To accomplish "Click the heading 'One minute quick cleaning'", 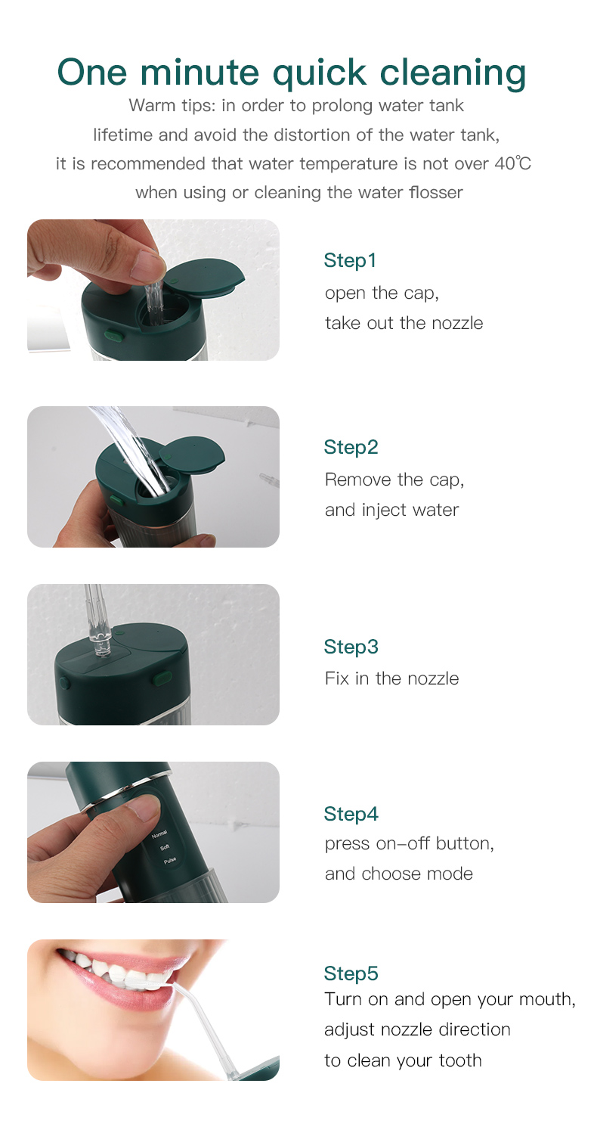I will pos(292,72).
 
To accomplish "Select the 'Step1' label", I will pos(350,260).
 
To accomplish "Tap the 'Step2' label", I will pos(351,447).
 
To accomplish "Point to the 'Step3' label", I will pos(351,647).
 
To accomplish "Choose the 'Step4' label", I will pos(351,814).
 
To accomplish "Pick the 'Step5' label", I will pos(351,973).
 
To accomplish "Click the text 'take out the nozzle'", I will pos(404,323).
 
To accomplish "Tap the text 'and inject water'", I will pos(391,510).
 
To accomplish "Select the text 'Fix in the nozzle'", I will pos(391,678).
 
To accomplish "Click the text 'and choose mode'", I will pos(398,874).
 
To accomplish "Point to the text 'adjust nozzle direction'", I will pos(417,1029).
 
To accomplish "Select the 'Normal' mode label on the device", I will pos(159,834).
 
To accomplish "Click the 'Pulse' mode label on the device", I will pos(169,861).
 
